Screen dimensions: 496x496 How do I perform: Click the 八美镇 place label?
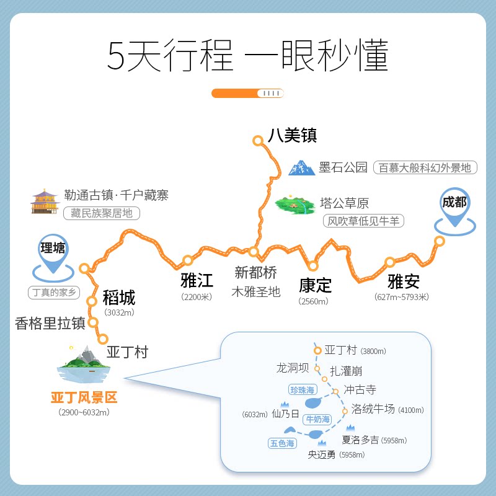[288, 135]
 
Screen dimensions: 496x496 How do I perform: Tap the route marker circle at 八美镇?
[258, 141]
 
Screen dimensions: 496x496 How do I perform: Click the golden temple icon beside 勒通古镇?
[45, 202]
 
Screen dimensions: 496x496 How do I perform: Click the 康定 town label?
[315, 285]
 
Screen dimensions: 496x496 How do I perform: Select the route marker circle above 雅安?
[390, 262]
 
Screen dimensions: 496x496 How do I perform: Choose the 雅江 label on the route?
[197, 280]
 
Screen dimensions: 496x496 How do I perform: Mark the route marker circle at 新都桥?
[253, 252]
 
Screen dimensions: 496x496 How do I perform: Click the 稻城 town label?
[119, 298]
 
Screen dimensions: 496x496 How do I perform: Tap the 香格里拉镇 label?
[50, 323]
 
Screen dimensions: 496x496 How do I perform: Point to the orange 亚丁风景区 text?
[84, 397]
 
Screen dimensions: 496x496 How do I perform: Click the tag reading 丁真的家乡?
[54, 292]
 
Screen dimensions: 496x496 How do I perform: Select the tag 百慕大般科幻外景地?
[425, 167]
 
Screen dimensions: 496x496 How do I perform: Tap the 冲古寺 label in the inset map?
[360, 390]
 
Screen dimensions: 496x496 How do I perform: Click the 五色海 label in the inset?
[283, 443]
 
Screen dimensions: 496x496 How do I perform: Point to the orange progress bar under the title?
[247, 93]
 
